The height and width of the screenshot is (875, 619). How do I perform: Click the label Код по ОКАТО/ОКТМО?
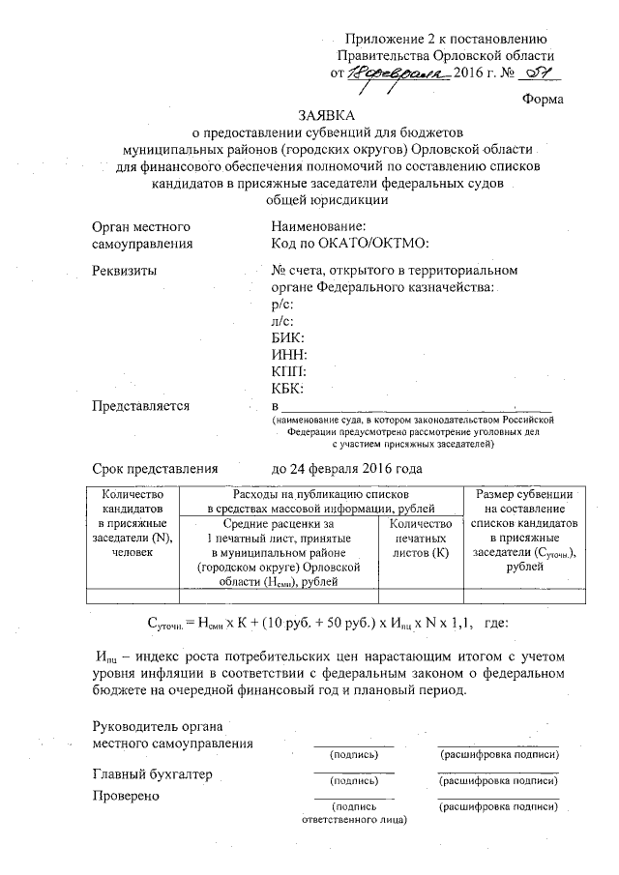[x=349, y=245]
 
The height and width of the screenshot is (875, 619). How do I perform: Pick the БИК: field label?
[x=288, y=337]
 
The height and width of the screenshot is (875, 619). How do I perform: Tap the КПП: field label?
[x=289, y=371]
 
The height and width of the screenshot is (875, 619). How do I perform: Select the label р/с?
[x=282, y=304]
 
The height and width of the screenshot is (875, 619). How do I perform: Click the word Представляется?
[x=140, y=405]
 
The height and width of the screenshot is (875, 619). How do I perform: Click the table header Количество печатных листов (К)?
[x=420, y=539]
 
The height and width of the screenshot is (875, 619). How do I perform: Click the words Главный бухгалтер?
[x=152, y=774]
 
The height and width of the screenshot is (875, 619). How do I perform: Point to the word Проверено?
[x=126, y=797]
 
